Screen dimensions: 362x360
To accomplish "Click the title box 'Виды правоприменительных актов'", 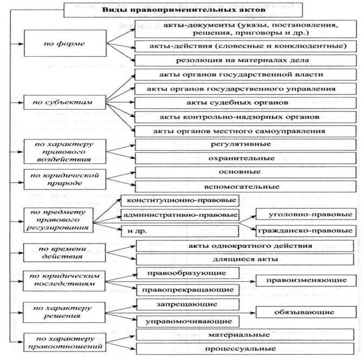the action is (183, 10).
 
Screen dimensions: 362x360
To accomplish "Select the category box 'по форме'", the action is (65, 43).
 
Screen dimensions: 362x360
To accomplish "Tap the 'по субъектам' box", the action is (65, 102).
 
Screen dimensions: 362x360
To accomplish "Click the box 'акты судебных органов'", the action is (246, 103).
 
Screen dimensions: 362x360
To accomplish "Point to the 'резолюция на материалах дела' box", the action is (246, 60).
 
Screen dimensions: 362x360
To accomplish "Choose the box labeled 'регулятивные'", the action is (246, 145).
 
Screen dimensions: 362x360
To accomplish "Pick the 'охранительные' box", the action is (246, 158).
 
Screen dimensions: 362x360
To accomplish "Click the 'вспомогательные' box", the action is (246, 186).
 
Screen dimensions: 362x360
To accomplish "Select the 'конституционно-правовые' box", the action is (180, 200).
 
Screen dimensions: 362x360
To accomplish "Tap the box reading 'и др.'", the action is (180, 231).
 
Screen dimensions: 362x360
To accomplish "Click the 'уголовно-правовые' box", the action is (306, 214).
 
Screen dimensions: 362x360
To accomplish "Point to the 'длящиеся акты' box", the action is (245, 259).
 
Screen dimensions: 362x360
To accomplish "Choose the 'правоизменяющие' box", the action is (306, 280).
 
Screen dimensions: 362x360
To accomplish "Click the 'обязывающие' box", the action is (306, 312).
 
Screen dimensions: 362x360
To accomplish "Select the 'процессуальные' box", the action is (245, 348).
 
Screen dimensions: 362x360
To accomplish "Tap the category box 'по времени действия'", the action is (65, 253).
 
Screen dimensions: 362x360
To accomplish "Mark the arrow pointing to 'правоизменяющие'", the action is (180, 281).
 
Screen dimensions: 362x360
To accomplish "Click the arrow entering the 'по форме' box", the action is (17, 44).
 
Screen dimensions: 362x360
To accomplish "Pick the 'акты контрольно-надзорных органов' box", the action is (246, 117).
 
